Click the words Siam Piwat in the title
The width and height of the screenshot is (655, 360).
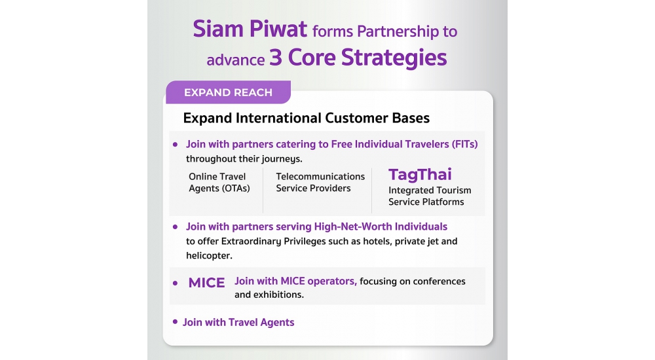(x=250, y=29)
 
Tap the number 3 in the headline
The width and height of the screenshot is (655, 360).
(x=275, y=57)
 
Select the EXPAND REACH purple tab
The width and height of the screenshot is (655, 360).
(x=228, y=92)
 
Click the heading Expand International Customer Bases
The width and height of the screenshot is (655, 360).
(x=306, y=118)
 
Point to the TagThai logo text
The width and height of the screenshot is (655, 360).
(x=420, y=175)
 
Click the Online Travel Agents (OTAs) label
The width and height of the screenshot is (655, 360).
(x=219, y=183)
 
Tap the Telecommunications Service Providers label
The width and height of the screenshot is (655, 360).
(x=320, y=183)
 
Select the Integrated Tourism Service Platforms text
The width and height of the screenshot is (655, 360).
(x=430, y=196)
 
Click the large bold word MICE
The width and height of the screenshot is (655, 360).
(x=207, y=283)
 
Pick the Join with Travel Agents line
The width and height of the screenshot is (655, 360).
(x=238, y=323)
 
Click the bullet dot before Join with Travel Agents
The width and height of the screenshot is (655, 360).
(x=175, y=321)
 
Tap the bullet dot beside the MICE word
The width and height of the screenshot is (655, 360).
(x=175, y=283)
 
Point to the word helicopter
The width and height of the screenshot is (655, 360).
(x=209, y=255)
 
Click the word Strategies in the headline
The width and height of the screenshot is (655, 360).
(x=394, y=58)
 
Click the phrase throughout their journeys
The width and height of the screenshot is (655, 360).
(x=244, y=158)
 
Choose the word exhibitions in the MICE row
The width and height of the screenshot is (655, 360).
(x=279, y=295)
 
